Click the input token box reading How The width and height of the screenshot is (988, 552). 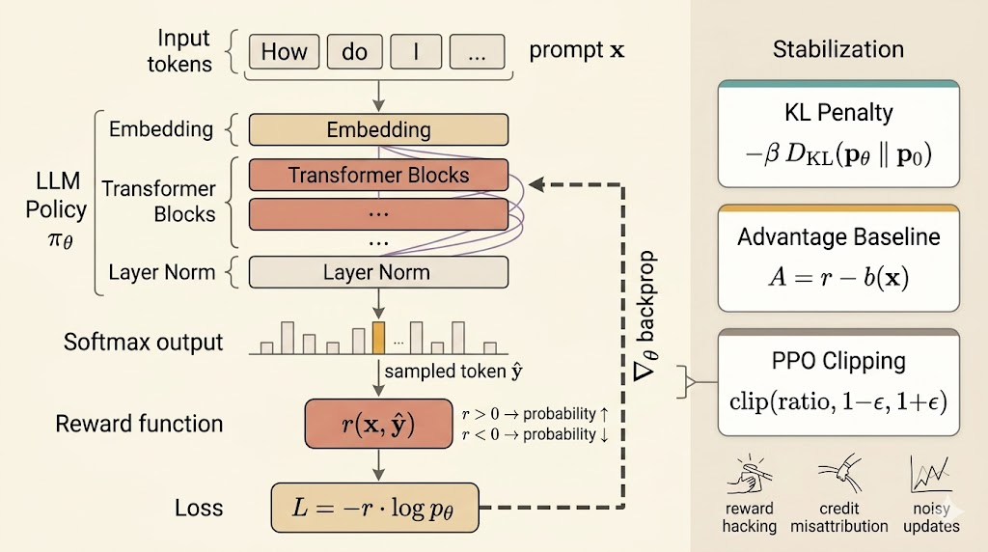(x=284, y=52)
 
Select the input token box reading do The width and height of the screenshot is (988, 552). (x=354, y=52)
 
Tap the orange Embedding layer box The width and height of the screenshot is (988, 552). (x=378, y=129)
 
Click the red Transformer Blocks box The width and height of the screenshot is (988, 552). (x=378, y=176)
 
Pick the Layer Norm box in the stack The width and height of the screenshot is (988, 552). (x=378, y=273)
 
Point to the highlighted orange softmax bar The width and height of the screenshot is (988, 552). (x=378, y=337)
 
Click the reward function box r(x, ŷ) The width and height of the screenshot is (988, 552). (x=378, y=424)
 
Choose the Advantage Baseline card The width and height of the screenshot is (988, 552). (x=838, y=258)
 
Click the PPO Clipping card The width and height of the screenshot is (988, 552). (x=838, y=382)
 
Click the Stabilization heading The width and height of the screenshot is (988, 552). (x=838, y=50)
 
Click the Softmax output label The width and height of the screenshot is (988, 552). (x=144, y=342)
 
